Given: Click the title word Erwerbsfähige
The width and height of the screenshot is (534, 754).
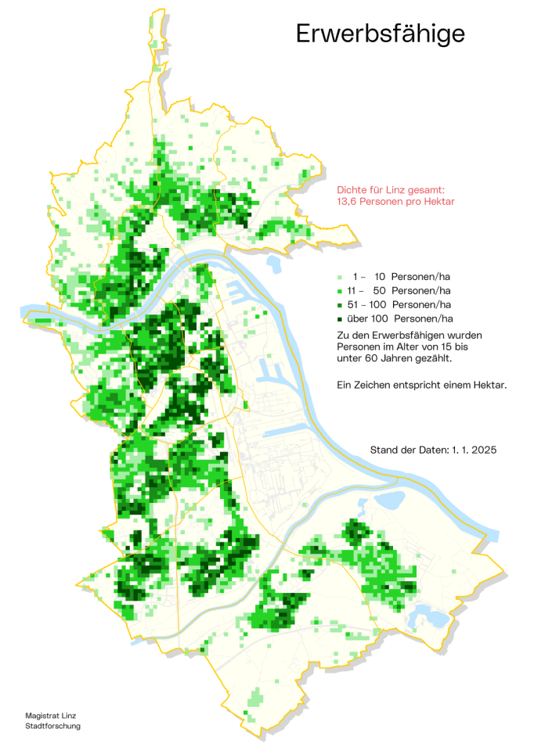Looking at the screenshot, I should pos(380,34).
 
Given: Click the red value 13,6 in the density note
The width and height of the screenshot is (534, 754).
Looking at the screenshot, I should pos(349,202).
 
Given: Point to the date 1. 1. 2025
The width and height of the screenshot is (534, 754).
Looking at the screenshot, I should pos(474,451).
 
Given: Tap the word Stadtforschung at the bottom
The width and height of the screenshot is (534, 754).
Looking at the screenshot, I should pos(52,726).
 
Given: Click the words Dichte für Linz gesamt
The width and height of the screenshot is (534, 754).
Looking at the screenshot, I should pos(391,190).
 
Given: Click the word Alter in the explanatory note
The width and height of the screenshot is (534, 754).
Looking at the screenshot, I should pos(399,346).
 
